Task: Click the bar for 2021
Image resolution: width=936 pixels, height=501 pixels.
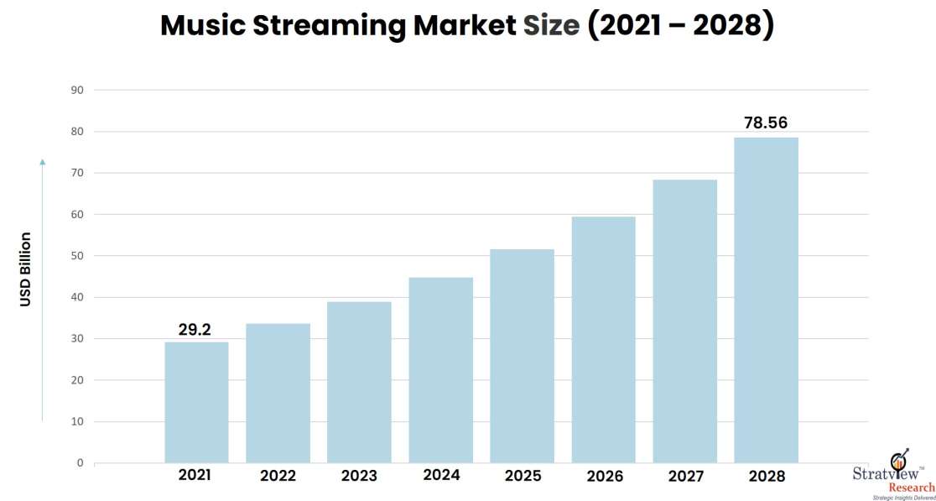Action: pos(196,402)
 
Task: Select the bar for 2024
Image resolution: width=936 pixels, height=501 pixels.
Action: pos(440,369)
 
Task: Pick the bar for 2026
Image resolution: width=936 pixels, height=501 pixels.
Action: pos(603,339)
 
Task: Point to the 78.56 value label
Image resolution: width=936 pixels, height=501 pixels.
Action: pos(766,123)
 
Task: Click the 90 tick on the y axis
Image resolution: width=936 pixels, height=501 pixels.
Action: pos(76,90)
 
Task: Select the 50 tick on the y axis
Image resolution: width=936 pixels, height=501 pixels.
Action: pos(76,256)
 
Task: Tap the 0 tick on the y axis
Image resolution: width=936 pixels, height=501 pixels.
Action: pos(80,463)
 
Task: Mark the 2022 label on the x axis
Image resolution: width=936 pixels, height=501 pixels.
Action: pos(278,476)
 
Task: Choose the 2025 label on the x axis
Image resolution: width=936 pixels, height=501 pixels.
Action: pos(522,476)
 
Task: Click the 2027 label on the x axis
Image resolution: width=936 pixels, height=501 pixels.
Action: pos(685,476)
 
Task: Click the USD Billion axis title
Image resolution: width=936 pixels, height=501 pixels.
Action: pos(26,269)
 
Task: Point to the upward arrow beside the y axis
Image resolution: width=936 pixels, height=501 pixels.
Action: pos(43,285)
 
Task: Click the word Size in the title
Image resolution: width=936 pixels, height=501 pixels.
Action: pos(551,26)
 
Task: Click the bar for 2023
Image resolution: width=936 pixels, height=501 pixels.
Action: pos(359,382)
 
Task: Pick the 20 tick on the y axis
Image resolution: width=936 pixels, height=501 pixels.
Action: pos(76,380)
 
